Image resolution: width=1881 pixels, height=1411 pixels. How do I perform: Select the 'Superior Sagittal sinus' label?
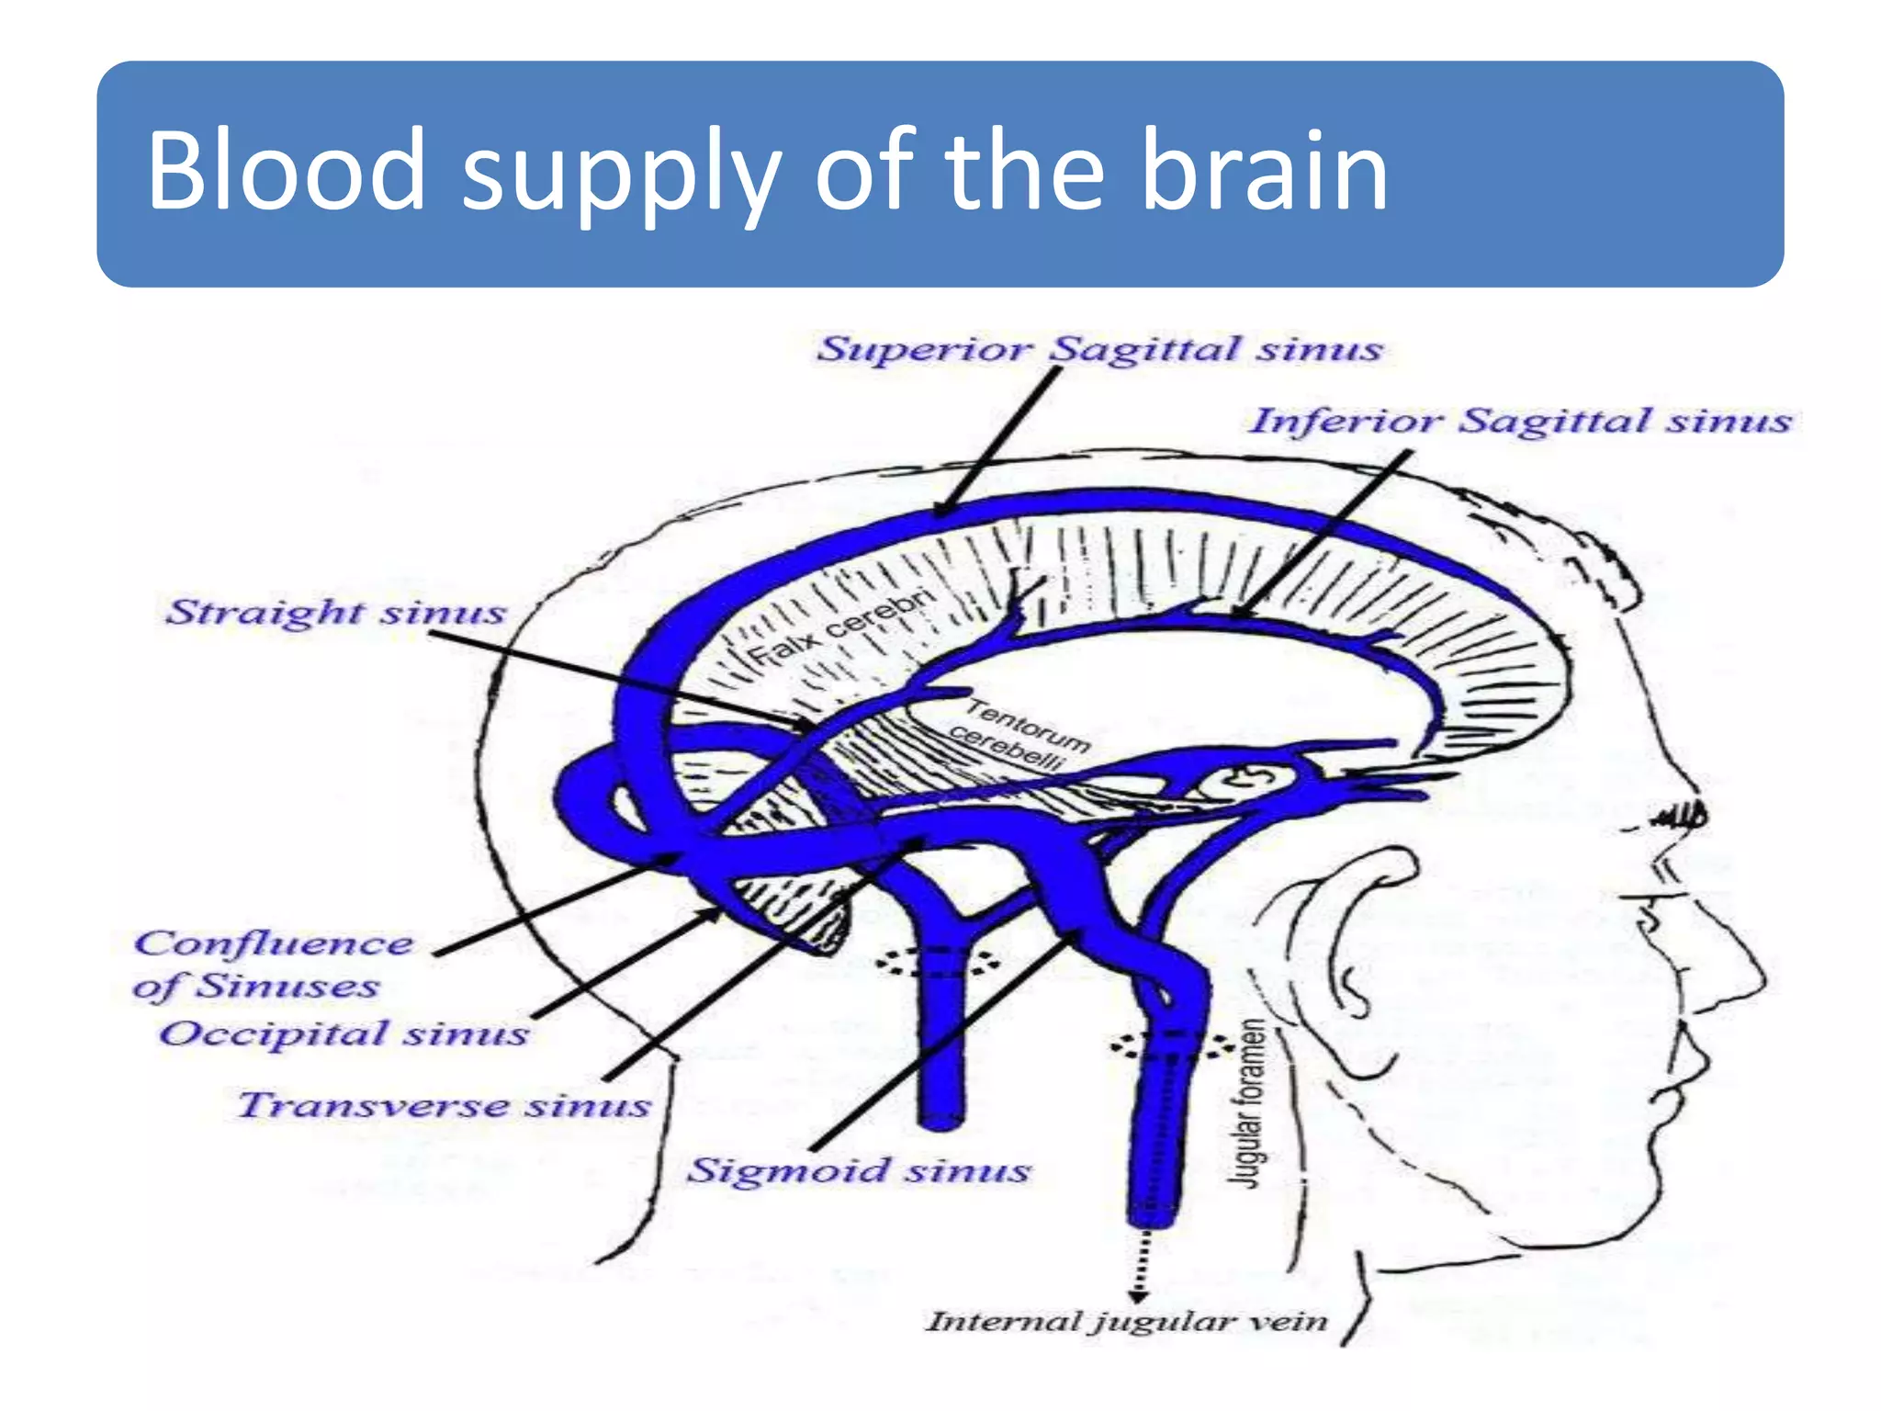point(1099,349)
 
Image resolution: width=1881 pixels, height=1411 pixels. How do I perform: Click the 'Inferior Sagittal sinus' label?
point(1520,421)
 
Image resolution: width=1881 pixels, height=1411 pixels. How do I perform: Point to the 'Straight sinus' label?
point(336,612)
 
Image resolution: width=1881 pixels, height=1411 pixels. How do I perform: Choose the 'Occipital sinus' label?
point(344,1033)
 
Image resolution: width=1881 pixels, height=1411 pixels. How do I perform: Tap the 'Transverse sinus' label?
point(445,1105)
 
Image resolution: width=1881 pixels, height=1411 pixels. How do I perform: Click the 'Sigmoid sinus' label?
point(859,1170)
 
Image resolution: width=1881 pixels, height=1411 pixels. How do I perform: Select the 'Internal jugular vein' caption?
point(1126,1322)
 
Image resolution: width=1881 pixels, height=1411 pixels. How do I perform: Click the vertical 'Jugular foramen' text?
point(1249,1103)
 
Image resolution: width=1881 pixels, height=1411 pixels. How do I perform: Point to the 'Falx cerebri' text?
point(841,627)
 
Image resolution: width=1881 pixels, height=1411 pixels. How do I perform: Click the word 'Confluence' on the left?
point(274,943)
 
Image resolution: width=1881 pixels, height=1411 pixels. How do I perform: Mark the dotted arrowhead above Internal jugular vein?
point(1137,1295)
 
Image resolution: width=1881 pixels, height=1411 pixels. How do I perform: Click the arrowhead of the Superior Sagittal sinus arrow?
point(940,511)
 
